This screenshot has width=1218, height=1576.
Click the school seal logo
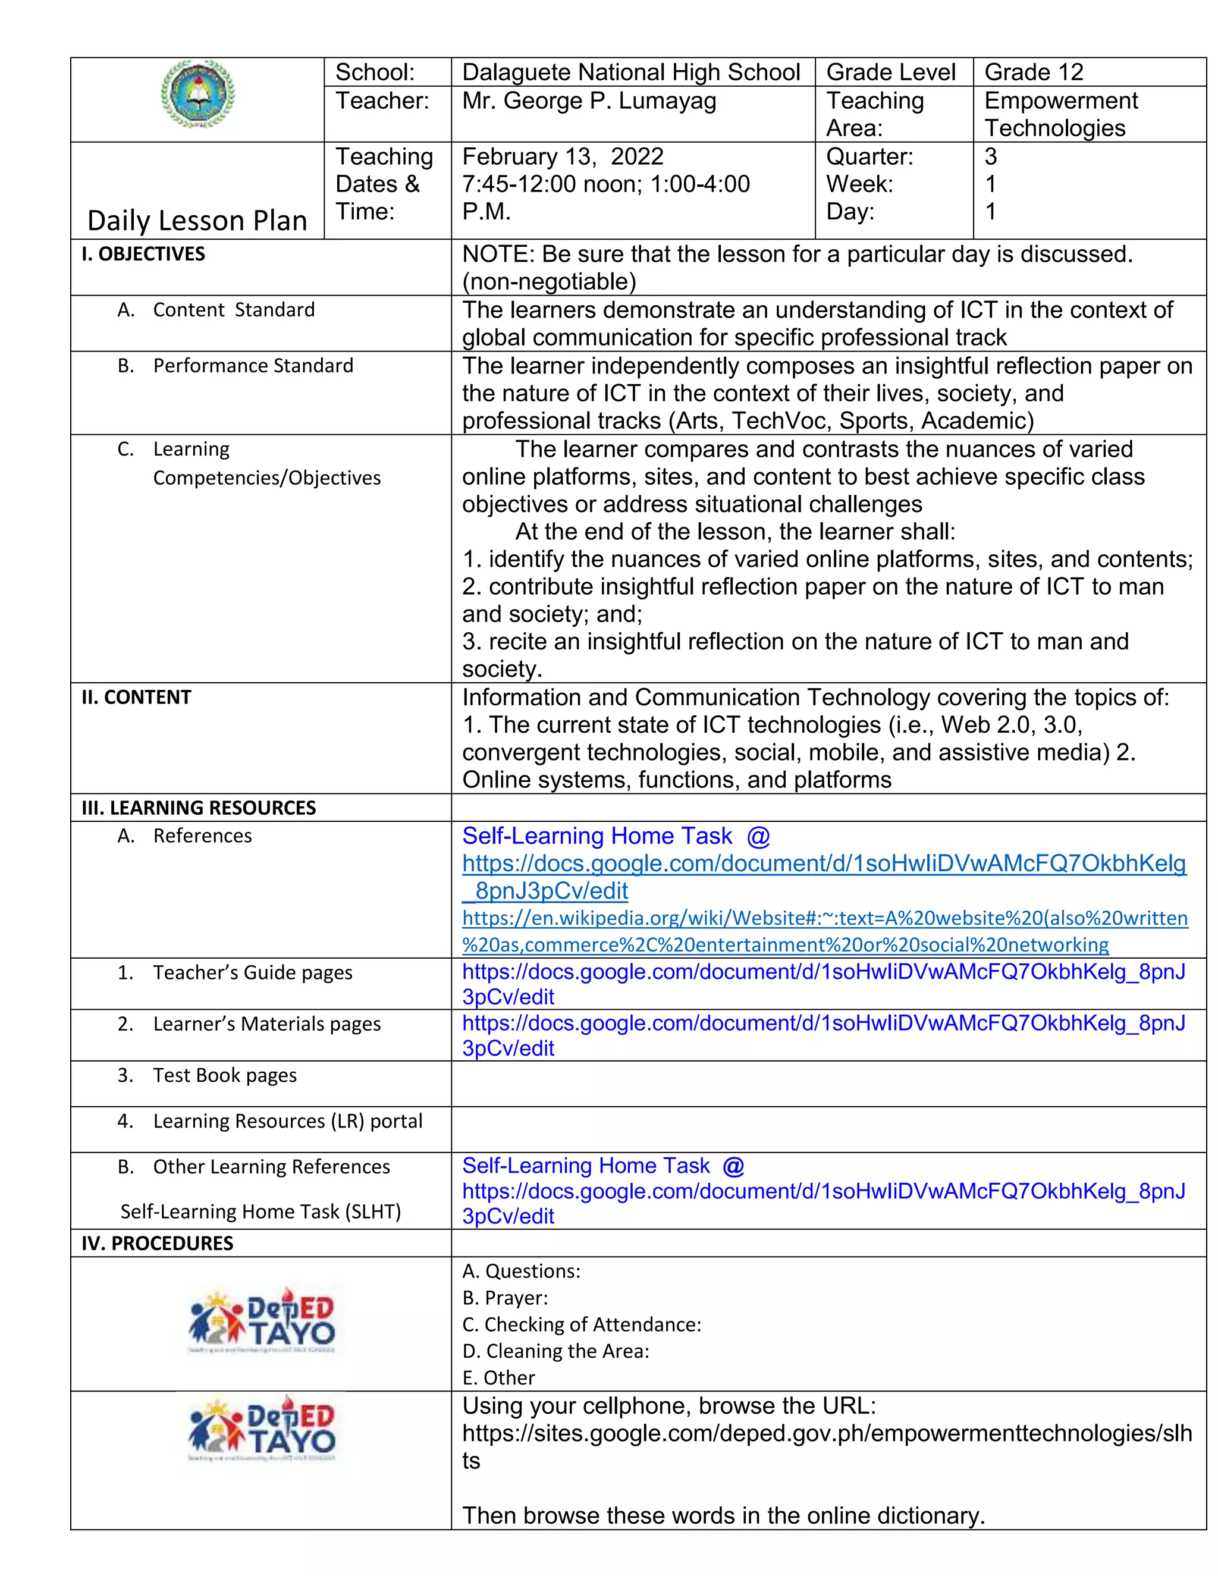197,95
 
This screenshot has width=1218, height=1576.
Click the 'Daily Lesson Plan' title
197,220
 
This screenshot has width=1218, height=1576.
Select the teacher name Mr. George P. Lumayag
589,101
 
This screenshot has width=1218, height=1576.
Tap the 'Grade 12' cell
1033,72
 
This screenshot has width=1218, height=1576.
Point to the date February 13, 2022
562,156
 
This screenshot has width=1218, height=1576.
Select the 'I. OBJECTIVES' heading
143,254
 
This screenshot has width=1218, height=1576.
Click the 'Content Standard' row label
233,310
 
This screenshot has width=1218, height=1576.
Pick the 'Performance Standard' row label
253,366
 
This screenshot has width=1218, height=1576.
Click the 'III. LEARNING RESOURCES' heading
199,808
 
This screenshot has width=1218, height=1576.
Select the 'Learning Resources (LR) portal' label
287,1120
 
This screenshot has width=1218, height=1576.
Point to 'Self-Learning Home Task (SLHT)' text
260,1211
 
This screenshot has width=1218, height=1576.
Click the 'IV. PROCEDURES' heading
157,1244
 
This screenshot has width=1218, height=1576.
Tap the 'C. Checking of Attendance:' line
582,1324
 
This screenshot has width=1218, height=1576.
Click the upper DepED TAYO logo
261,1320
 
